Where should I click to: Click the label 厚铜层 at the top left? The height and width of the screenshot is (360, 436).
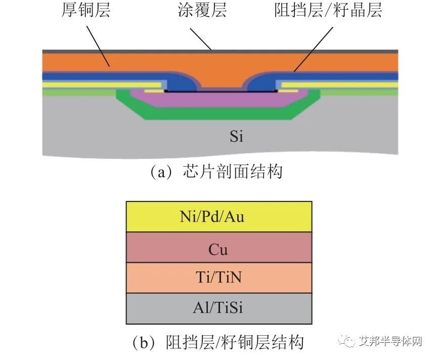point(86,10)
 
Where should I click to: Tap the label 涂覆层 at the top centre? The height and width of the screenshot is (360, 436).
point(202,10)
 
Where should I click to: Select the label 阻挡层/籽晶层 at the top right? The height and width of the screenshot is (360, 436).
point(328,10)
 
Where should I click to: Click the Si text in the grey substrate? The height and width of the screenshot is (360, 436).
point(236,136)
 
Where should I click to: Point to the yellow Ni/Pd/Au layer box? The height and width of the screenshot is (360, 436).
point(219,217)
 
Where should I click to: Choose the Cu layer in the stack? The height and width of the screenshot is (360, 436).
point(219,247)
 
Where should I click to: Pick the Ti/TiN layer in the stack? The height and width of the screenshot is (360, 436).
point(219,278)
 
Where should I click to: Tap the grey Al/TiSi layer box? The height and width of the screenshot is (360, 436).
point(219,308)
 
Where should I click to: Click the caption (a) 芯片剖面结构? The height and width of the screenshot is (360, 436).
point(216,172)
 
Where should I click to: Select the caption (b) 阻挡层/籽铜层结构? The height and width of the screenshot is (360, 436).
point(217,342)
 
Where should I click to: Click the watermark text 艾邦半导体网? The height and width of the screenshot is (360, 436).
point(390,341)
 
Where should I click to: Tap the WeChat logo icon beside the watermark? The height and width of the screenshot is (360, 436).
point(346,341)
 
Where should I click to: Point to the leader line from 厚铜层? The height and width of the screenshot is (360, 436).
point(98,47)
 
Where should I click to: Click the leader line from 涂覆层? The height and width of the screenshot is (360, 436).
point(201,39)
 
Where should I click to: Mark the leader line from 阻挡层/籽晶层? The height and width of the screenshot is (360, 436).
point(314,49)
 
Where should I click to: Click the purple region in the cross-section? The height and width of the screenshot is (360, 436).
point(219,99)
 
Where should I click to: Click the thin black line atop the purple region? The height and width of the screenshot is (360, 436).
point(221,91)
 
